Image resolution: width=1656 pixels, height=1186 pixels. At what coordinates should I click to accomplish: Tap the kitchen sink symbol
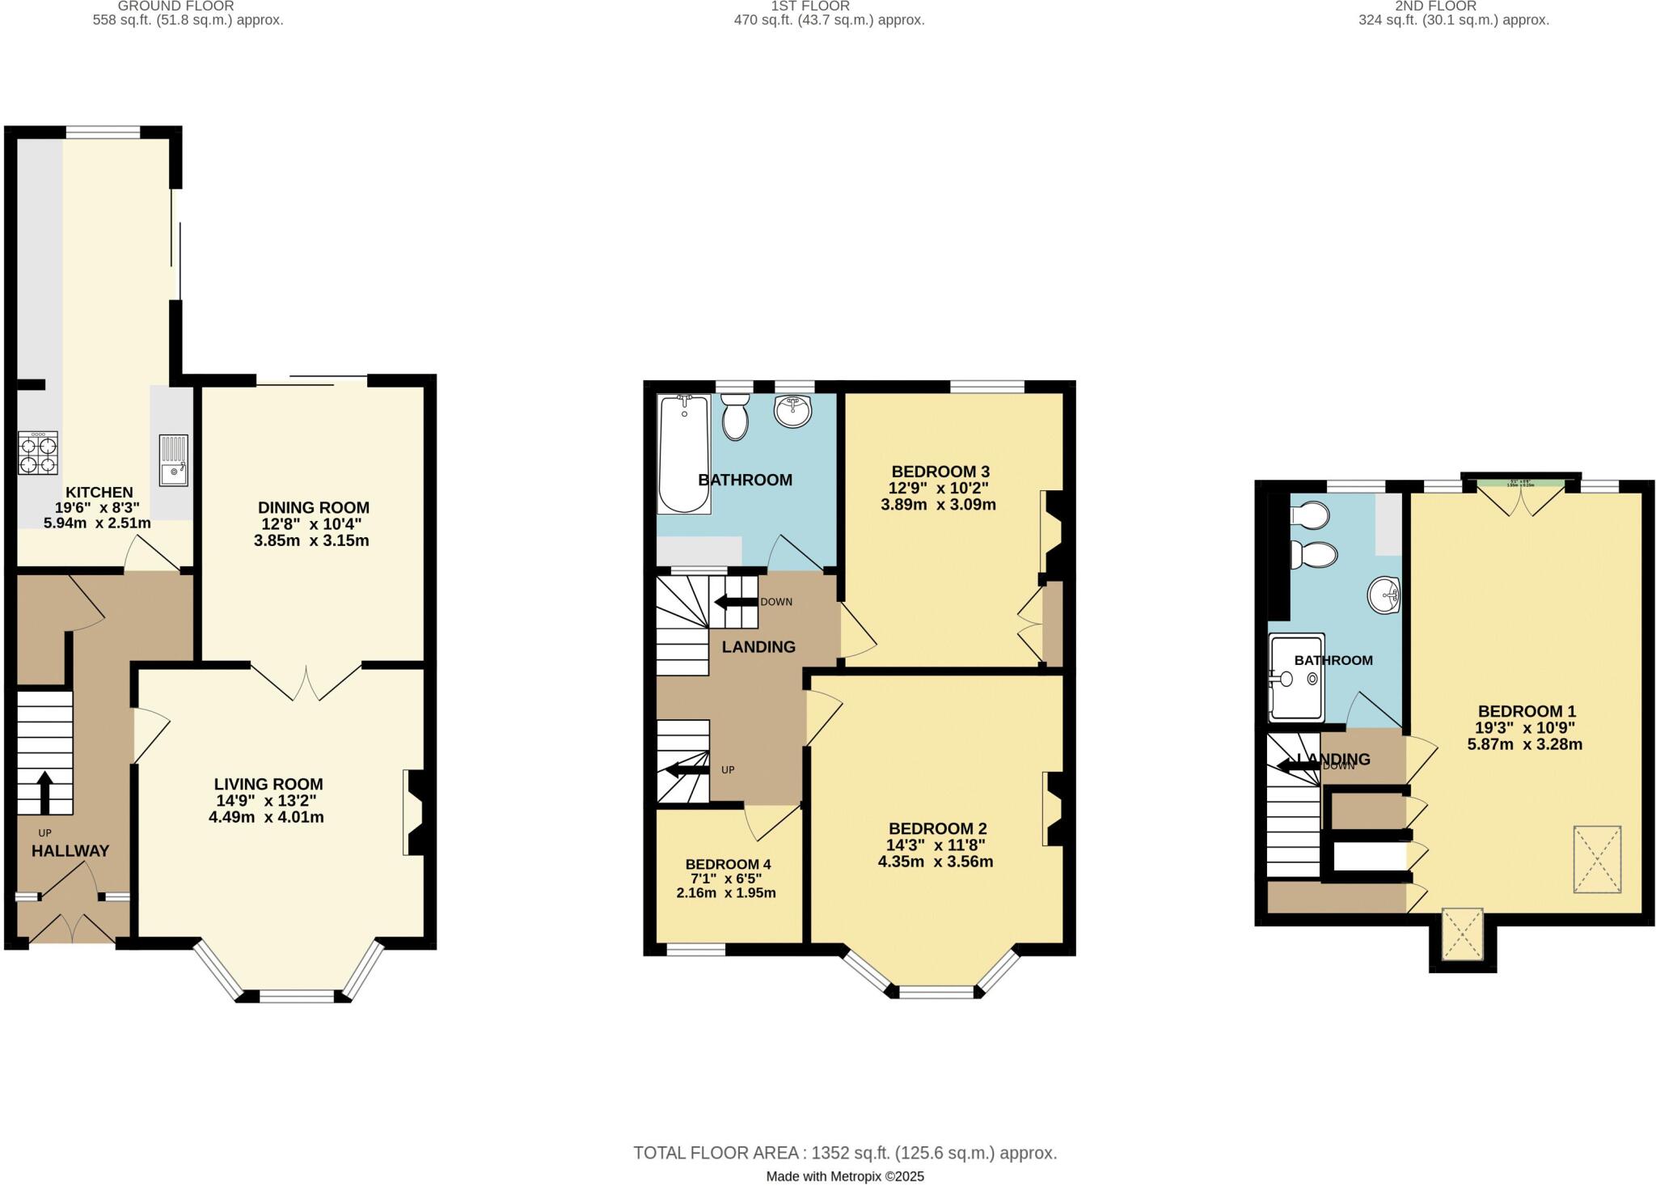[x=173, y=460]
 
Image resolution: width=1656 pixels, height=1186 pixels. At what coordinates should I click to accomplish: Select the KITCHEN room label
[x=99, y=493]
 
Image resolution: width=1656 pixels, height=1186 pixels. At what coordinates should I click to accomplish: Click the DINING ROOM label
[x=313, y=508]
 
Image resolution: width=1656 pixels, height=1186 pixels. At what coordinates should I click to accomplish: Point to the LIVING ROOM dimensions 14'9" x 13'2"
[x=266, y=801]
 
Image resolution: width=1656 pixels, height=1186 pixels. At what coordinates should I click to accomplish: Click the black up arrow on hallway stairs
[x=44, y=791]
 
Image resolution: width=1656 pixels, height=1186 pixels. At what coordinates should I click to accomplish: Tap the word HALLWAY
[x=70, y=851]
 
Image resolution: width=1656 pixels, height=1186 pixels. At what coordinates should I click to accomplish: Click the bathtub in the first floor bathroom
[x=684, y=453]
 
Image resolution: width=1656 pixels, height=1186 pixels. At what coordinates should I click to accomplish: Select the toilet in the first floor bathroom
[x=735, y=417]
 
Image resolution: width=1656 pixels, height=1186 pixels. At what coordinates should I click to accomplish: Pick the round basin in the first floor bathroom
[x=792, y=411]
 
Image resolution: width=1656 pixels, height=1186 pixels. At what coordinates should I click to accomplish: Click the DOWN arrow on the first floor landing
[x=734, y=602]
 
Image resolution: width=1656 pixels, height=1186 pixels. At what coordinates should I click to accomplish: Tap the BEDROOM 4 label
[x=727, y=864]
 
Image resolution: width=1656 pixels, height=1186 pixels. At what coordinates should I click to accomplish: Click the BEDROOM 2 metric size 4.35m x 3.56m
[x=936, y=862]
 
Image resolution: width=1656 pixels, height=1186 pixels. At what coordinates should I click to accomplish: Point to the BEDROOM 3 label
[x=940, y=472]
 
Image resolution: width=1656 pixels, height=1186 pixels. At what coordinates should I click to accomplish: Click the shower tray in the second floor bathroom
[x=1296, y=677]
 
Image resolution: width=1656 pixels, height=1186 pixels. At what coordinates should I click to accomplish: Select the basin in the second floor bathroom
[x=1384, y=596]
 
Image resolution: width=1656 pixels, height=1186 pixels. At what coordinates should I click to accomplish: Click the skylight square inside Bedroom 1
[x=1596, y=859]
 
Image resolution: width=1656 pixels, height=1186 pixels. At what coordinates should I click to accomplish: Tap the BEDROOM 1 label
[x=1526, y=712]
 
